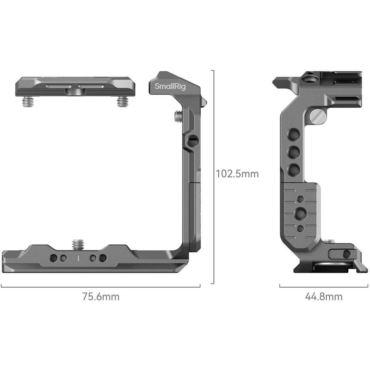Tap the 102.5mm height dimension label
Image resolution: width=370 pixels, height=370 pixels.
coord(237,174)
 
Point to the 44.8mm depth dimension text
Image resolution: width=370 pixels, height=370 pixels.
coord(323,297)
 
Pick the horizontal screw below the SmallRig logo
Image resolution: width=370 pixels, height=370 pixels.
coord(179,117)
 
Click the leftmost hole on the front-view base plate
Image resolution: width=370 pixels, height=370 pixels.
coord(55,258)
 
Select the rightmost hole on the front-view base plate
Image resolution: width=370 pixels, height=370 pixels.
coord(103,258)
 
